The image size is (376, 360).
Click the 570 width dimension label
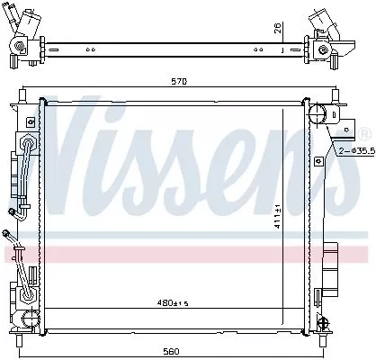181,83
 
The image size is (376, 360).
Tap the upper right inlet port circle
318,113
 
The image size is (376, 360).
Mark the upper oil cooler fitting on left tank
15,213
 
